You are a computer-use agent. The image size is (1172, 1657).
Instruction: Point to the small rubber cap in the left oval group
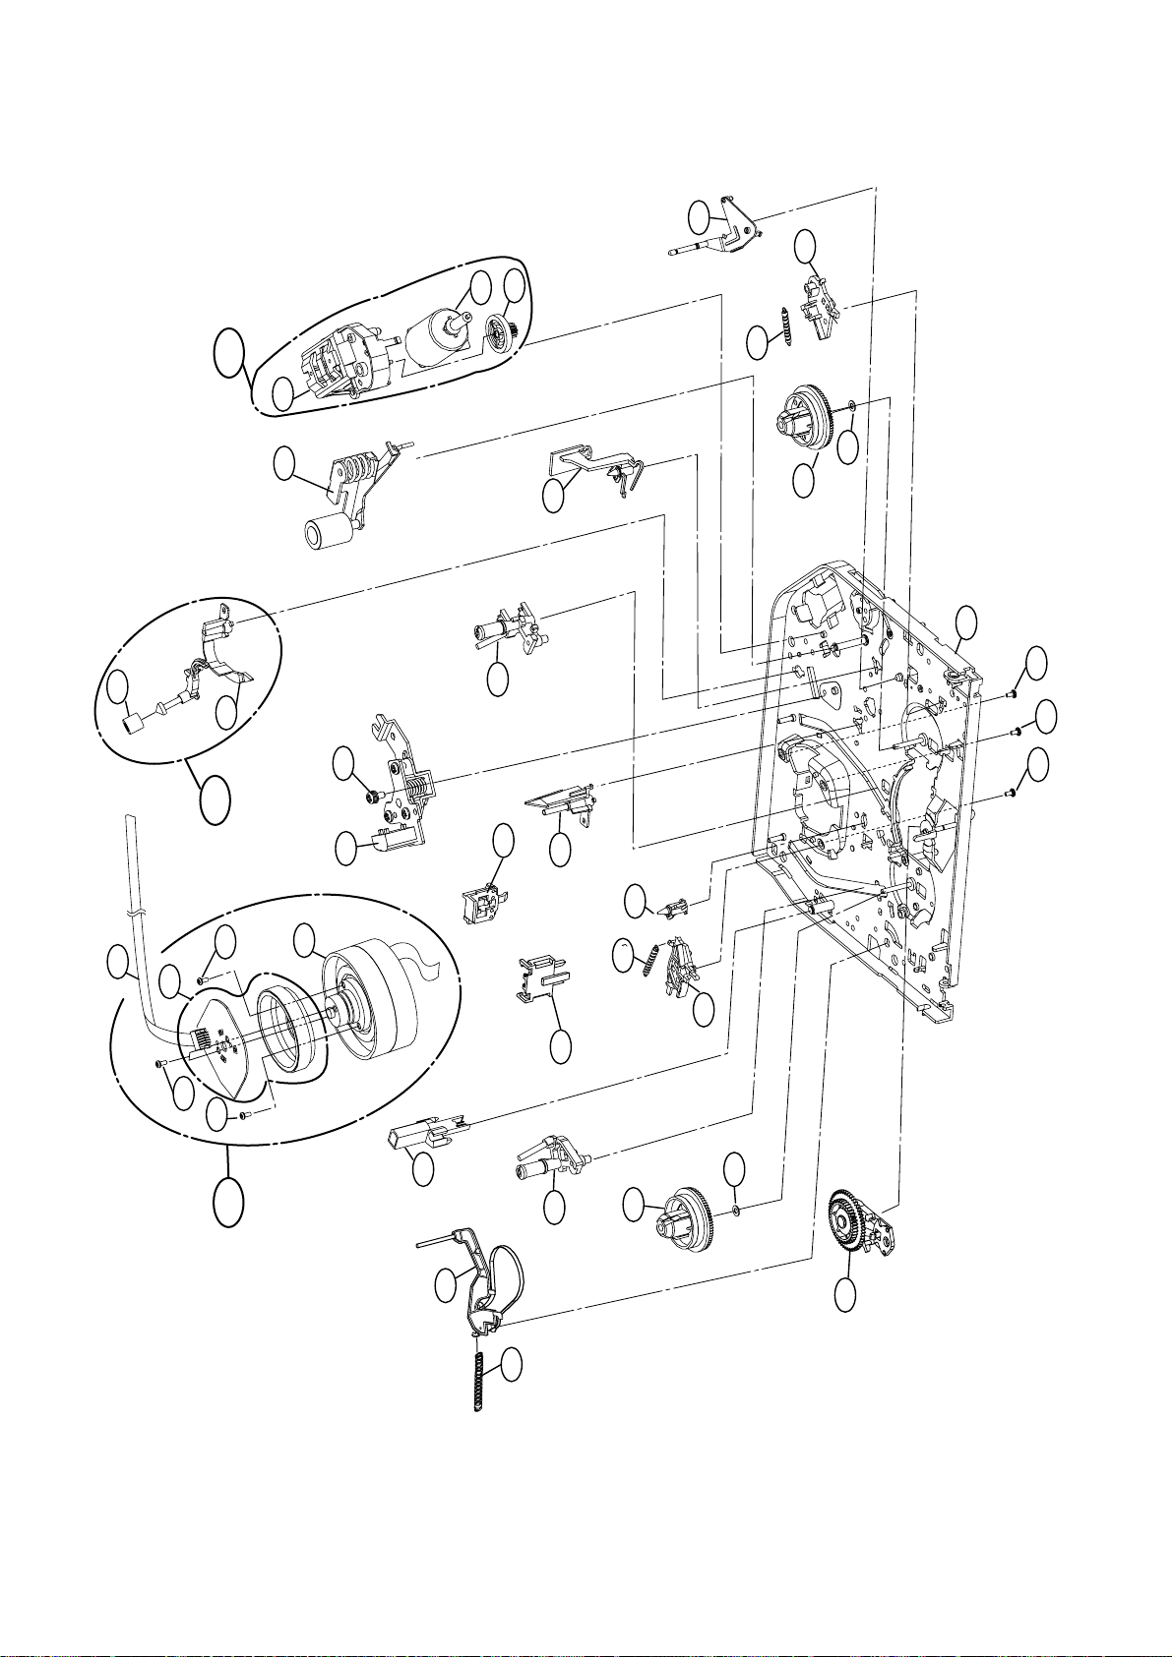click(132, 725)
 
